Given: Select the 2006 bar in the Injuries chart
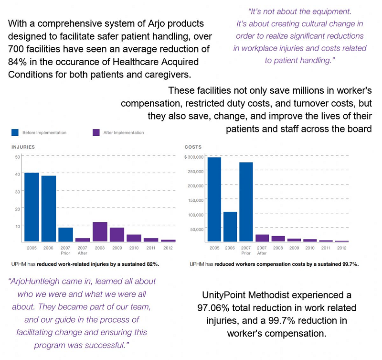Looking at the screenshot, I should pyautogui.click(x=49, y=208).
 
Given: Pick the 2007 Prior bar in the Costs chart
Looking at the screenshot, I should pyautogui.click(x=246, y=201).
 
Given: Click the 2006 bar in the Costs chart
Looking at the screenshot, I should pyautogui.click(x=230, y=226).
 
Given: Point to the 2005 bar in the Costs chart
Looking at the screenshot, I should pyautogui.click(x=214, y=199).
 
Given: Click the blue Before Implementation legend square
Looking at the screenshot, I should pyautogui.click(x=15, y=132).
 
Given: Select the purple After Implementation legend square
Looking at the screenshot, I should pyautogui.click(x=96, y=132).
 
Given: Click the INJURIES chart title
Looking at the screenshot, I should pyautogui.click(x=23, y=147).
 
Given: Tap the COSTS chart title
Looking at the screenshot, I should pyautogui.click(x=193, y=147).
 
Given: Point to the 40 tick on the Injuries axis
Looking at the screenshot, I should pyautogui.click(x=17, y=174).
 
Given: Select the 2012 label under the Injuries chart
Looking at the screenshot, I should pyautogui.click(x=169, y=248).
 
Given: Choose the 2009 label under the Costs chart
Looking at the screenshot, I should pyautogui.click(x=295, y=248).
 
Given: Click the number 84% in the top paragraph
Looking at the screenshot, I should pyautogui.click(x=18, y=63).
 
